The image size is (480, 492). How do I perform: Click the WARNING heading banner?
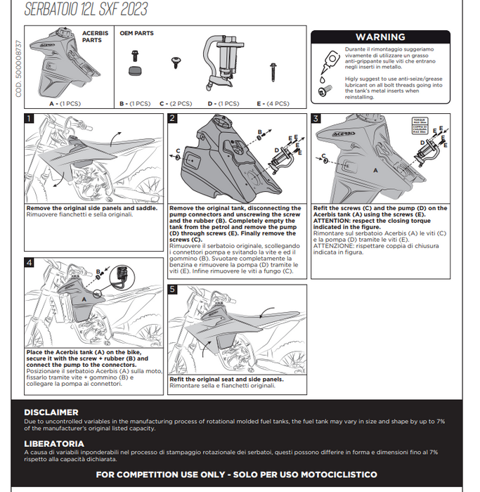(x=380, y=37)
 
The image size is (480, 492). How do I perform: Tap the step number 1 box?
(x=29, y=119)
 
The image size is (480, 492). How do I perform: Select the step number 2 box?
(x=172, y=119)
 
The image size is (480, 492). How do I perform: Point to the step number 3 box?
(x=316, y=119)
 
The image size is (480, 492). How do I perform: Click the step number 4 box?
(x=29, y=263)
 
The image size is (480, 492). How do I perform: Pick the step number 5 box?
(x=172, y=289)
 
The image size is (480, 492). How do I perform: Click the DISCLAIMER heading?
(x=51, y=413)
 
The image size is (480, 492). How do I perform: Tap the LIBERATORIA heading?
(x=54, y=444)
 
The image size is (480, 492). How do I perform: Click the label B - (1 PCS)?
(x=135, y=103)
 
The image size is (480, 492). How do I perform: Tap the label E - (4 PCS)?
(x=273, y=103)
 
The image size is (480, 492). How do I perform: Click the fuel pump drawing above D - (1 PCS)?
(x=223, y=67)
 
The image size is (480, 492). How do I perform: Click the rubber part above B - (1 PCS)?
(x=134, y=70)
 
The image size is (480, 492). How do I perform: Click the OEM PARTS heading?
(x=136, y=33)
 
